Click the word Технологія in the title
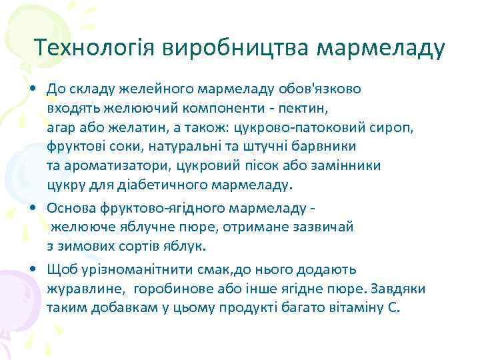pos(95,48)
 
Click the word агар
pos(61,126)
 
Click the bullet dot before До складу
pos(33,88)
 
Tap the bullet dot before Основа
pos(33,208)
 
